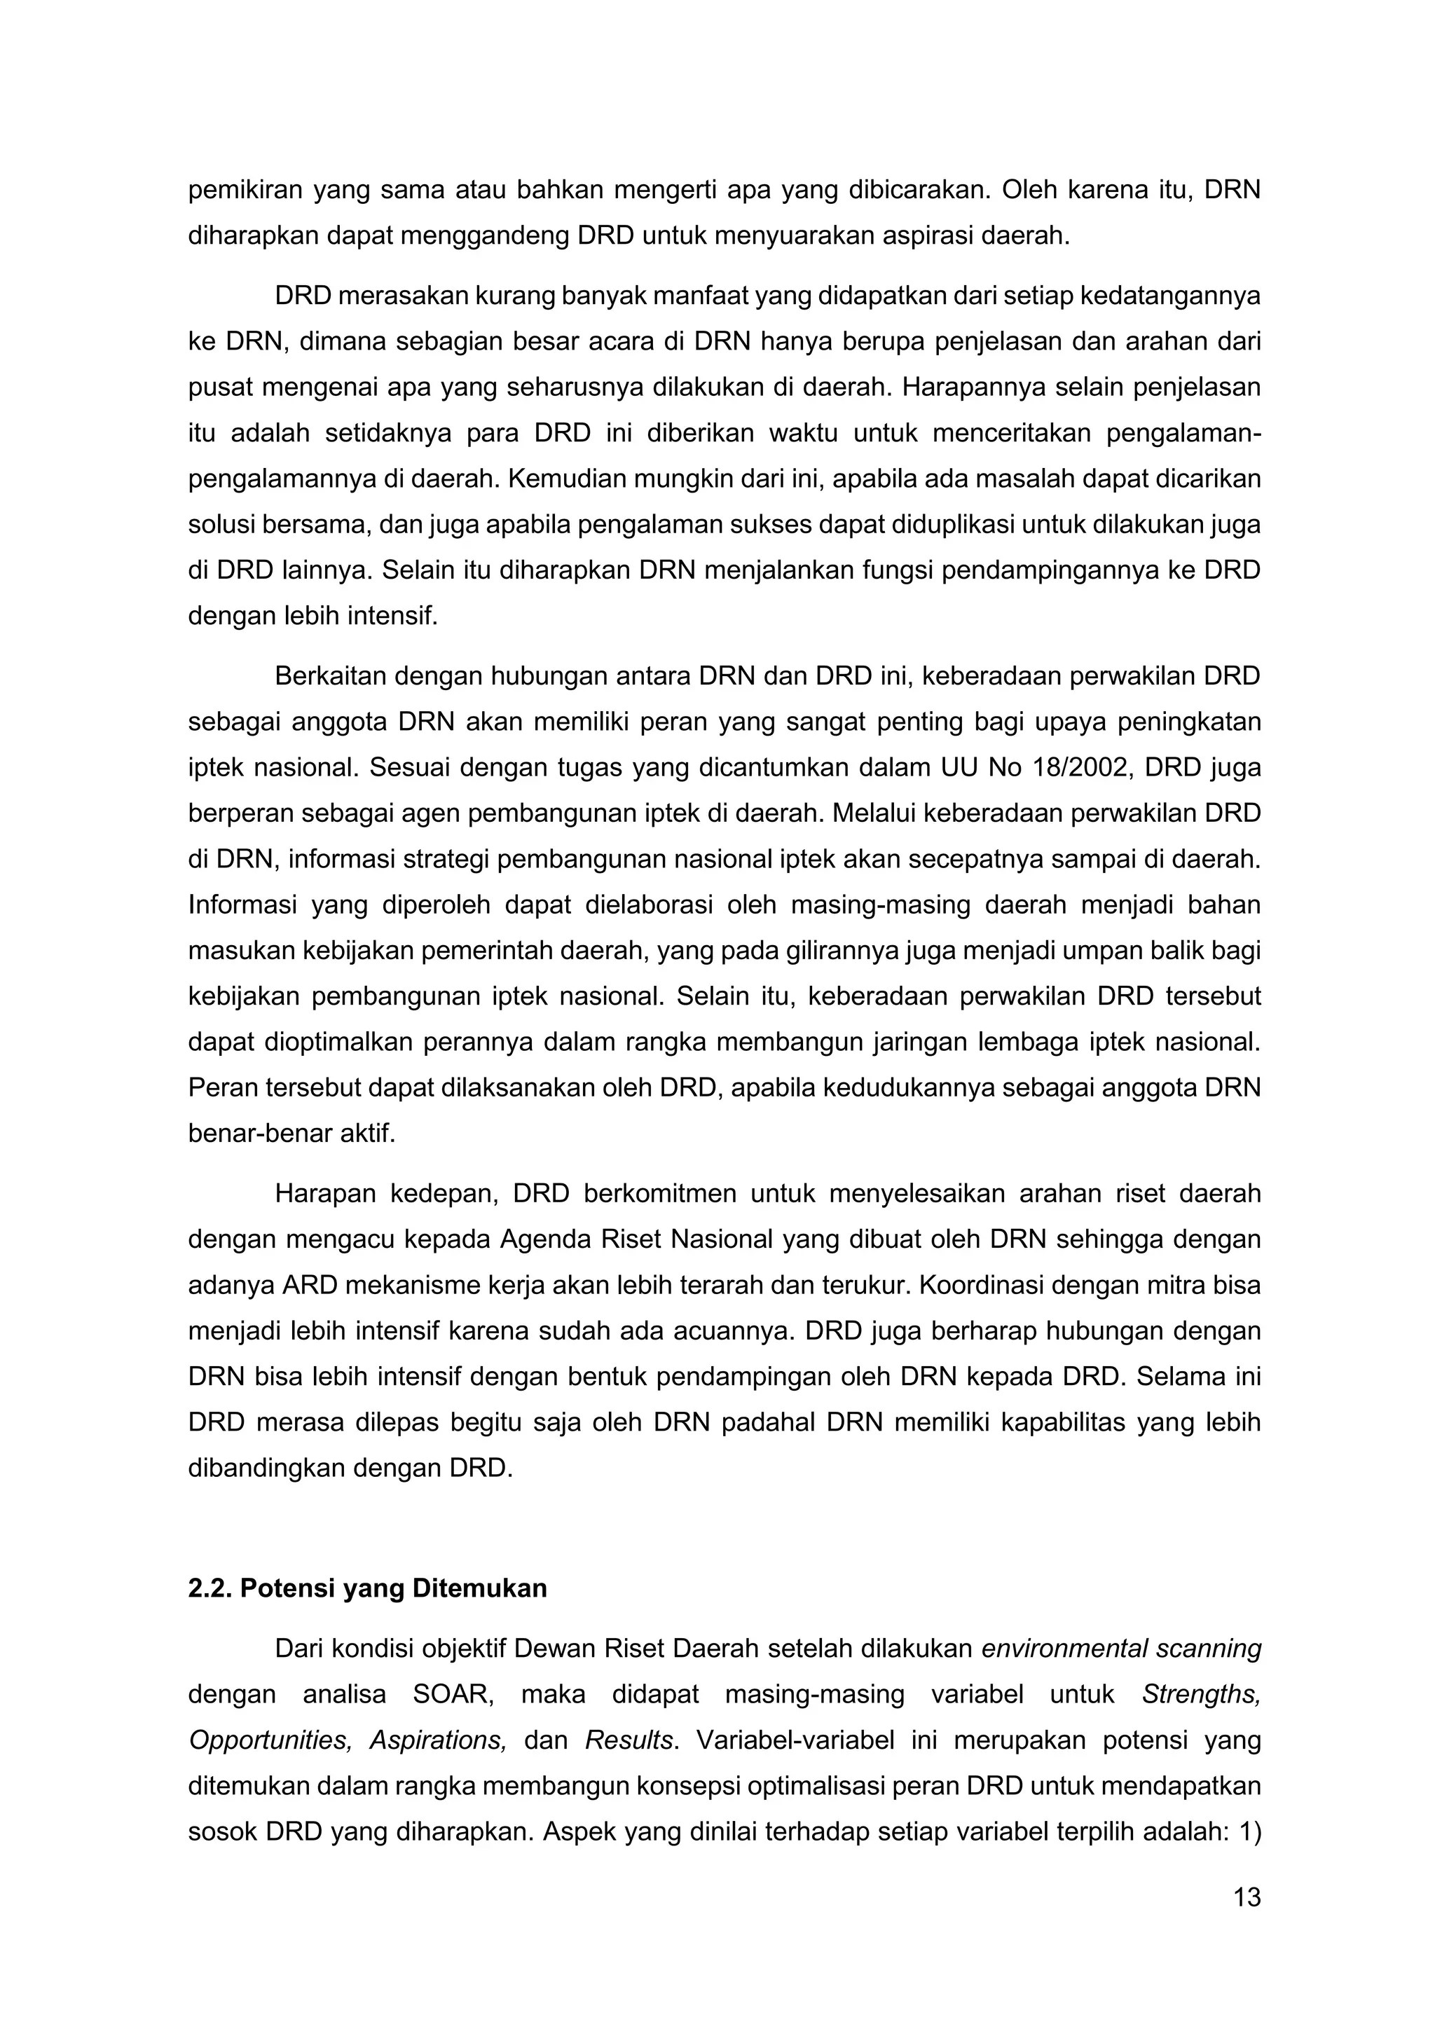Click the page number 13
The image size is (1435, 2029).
coord(1246,1897)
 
